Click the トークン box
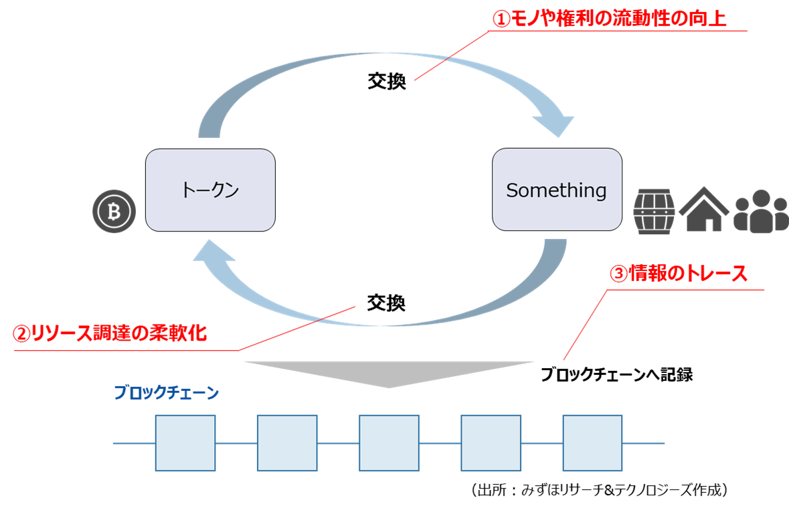tap(210, 190)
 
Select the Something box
tap(556, 190)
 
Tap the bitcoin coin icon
tap(114, 212)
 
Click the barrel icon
tap(654, 211)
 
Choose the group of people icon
tap(760, 211)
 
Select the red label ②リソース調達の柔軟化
tap(110, 334)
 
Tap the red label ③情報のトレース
tap(679, 274)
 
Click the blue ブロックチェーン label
tap(166, 393)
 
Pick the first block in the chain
tap(185, 442)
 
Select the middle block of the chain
tap(389, 442)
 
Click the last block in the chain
tap(592, 442)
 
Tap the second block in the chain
tap(287, 442)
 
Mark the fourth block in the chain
tap(491, 442)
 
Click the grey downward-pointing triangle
tap(389, 373)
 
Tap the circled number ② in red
tap(22, 334)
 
